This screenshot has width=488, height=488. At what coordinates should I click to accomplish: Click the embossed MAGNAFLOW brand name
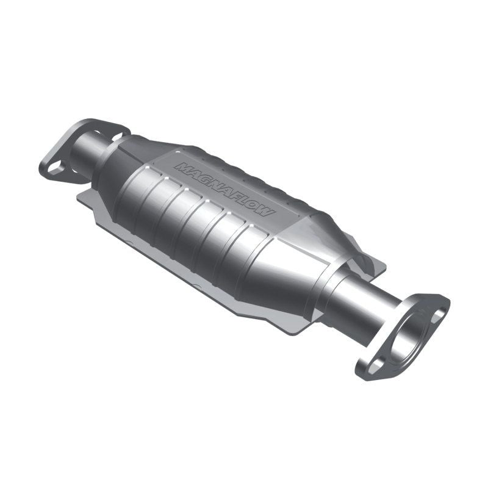[224, 189]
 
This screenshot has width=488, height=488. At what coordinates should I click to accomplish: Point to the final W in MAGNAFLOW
[268, 212]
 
